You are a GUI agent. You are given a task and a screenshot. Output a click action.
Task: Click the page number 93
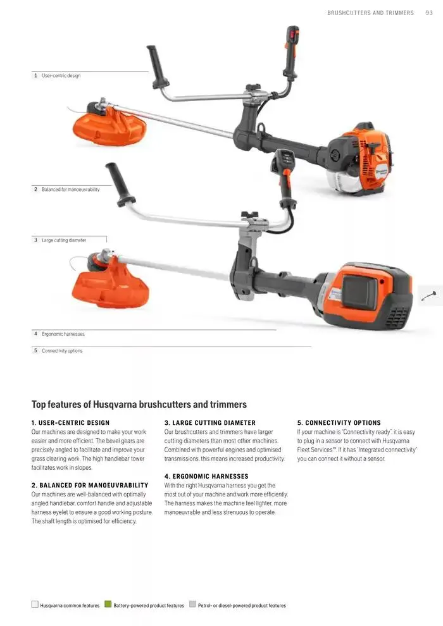[429, 13]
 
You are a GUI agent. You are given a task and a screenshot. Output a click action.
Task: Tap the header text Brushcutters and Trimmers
[370, 13]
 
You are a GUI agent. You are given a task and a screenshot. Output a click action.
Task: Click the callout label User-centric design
[61, 75]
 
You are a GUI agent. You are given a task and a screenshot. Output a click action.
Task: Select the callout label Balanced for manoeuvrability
[71, 189]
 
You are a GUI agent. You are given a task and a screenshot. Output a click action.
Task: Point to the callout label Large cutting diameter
[64, 240]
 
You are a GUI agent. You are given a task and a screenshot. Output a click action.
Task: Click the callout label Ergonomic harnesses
[63, 334]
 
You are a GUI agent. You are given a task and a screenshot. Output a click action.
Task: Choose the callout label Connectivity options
[62, 350]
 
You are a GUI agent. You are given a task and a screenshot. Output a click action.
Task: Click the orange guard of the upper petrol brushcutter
[109, 127]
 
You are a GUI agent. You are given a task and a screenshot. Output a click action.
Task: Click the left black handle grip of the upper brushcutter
[158, 66]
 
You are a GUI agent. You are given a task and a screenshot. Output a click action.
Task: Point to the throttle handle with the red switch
[292, 52]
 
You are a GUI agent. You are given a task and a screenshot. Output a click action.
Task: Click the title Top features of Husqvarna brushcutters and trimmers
[139, 405]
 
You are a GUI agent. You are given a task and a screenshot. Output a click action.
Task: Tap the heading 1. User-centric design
[70, 423]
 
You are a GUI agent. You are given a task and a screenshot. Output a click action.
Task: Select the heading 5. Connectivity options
[339, 423]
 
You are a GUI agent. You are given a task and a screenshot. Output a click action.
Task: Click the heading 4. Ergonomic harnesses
[206, 476]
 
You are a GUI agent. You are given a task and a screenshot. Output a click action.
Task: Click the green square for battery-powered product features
[108, 604]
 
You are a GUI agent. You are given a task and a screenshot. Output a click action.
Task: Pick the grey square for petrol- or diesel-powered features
[192, 604]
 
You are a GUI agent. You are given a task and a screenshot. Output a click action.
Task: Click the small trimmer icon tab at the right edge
[430, 296]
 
